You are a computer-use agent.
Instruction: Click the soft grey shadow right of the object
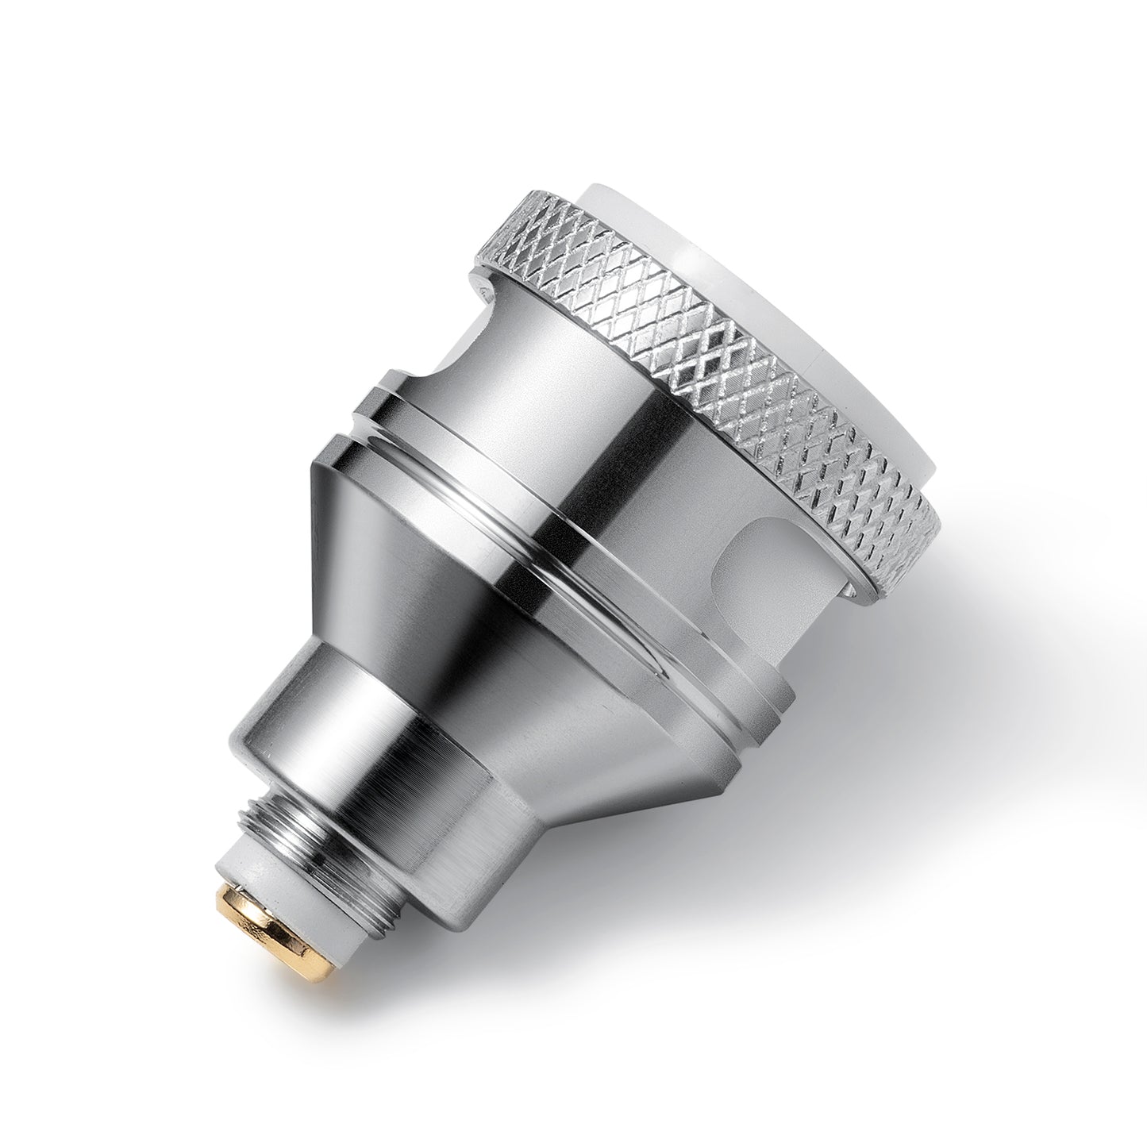[x=913, y=714]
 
